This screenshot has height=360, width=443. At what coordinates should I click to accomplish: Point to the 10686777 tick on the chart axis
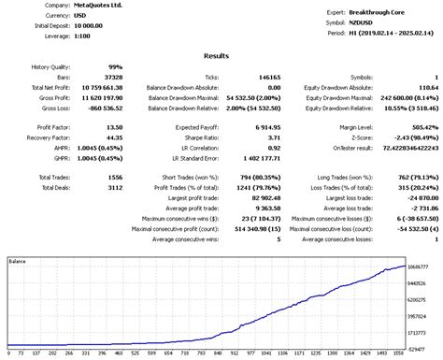(x=422, y=266)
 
